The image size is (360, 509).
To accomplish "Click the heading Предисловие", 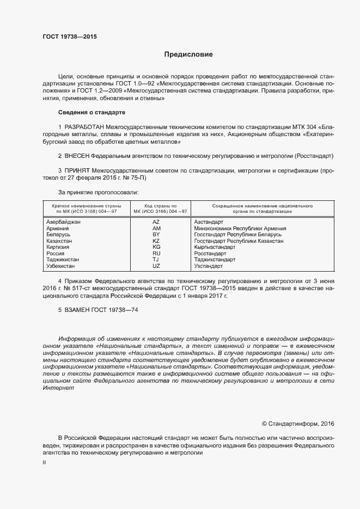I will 189,54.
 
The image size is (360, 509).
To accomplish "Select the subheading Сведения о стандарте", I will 91,112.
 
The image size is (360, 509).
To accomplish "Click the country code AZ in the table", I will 156,222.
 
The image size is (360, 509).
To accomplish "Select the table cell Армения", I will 58,229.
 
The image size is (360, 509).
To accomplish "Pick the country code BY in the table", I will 156,235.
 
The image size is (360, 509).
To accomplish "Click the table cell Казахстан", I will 60,241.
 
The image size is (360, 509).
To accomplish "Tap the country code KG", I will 156,247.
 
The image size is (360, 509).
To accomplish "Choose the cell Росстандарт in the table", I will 210,254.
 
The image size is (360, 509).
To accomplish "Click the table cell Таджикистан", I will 63,260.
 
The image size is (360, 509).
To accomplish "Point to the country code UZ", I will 156,266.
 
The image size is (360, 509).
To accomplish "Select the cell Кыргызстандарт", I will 214,247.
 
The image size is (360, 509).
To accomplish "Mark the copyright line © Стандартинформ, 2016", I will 298,424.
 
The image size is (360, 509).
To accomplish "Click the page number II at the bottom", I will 44,462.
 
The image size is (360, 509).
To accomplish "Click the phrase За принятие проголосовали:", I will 98,192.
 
